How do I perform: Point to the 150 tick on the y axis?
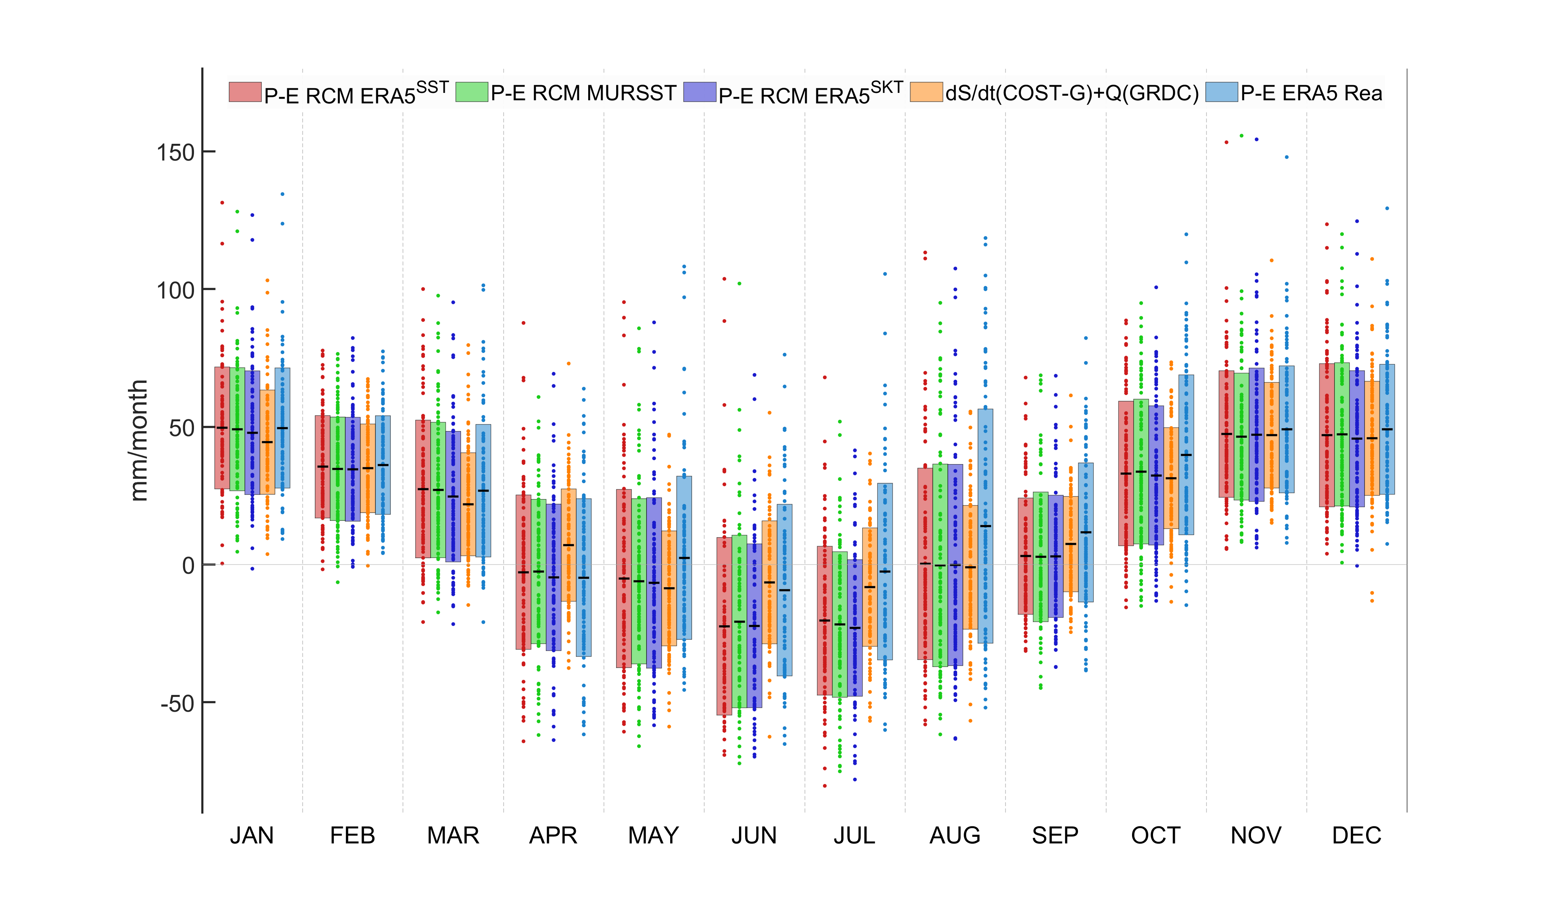click(175, 152)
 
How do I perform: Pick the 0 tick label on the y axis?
click(188, 566)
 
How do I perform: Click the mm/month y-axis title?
click(139, 440)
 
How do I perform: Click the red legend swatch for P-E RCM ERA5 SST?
click(245, 92)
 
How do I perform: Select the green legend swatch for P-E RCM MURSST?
click(472, 92)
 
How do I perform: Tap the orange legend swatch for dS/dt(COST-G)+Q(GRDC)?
click(926, 92)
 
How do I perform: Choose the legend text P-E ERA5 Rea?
click(1311, 93)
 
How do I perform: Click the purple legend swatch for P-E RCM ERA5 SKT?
click(700, 92)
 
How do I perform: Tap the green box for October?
click(1141, 471)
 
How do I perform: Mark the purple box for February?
click(352, 469)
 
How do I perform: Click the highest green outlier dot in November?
click(1241, 136)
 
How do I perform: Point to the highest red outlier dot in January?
click(222, 203)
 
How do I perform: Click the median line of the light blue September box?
click(1086, 532)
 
